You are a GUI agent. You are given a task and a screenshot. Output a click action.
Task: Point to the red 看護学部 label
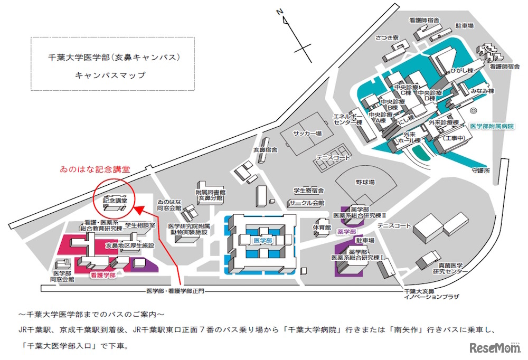click(x=101, y=275)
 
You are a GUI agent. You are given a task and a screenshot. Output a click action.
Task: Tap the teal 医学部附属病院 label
click(x=492, y=127)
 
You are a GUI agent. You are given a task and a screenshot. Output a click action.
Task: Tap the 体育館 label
click(x=321, y=228)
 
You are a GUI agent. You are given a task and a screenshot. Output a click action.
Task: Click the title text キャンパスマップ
click(x=110, y=75)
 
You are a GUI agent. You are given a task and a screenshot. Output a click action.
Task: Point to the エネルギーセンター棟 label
click(x=346, y=119)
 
